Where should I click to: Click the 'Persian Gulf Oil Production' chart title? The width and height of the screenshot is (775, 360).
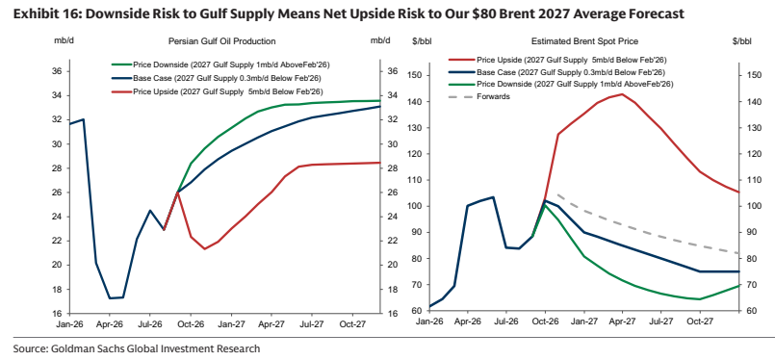[x=222, y=41]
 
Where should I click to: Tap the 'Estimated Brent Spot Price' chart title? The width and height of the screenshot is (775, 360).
[x=584, y=41]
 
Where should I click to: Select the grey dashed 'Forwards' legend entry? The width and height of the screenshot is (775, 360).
[x=478, y=96]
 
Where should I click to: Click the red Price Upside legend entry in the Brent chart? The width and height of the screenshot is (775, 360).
[x=557, y=60]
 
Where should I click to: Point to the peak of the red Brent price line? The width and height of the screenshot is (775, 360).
[x=622, y=94]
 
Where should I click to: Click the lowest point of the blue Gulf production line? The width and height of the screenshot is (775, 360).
[x=110, y=298]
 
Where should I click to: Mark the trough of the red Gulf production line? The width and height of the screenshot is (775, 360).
[x=204, y=248]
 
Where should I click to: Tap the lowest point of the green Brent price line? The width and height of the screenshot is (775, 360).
[x=699, y=299]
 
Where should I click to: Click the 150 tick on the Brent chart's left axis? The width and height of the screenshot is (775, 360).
[x=412, y=75]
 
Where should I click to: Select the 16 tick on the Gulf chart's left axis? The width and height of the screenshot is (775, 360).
[x=58, y=314]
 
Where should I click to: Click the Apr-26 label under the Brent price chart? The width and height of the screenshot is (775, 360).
[x=468, y=321]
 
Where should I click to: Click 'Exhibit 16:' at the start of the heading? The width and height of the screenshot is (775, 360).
[x=42, y=13]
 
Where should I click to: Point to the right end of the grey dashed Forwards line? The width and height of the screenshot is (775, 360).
[x=738, y=253]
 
